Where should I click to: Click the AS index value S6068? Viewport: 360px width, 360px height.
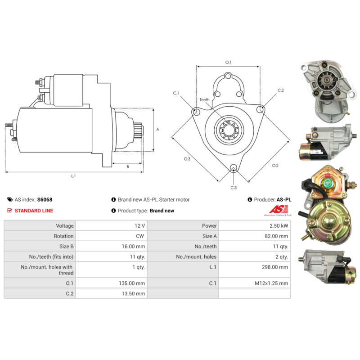tap(45, 199)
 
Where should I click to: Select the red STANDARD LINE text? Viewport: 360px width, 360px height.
tap(34, 211)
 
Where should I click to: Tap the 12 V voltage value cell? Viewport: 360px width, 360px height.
tap(140, 226)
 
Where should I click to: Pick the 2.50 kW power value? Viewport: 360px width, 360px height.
tap(279, 226)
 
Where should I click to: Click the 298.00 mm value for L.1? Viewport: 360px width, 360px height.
tap(275, 267)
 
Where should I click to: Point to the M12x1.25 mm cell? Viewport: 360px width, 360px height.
tap(271, 283)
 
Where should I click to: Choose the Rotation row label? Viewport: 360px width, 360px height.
tap(63, 236)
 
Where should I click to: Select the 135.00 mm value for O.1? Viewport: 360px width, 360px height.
tap(132, 283)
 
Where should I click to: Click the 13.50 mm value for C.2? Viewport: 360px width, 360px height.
tap(133, 294)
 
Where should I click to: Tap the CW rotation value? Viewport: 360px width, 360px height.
tap(140, 236)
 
